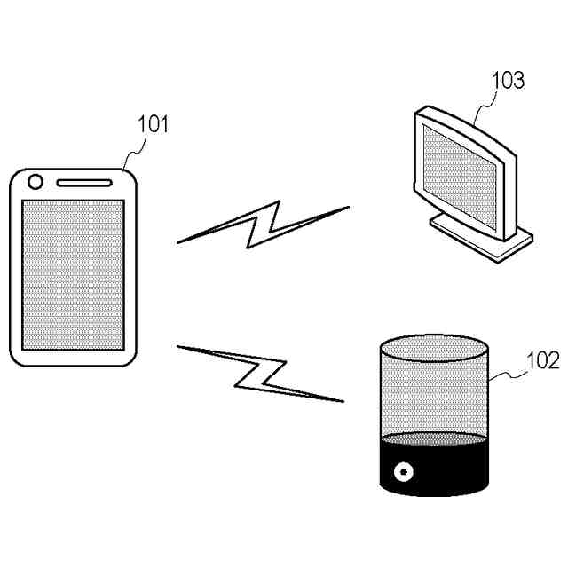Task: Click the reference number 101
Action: (x=152, y=124)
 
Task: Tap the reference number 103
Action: (x=508, y=81)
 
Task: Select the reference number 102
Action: (x=542, y=360)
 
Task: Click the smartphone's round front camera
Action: (x=35, y=183)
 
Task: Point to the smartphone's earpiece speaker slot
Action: (x=85, y=184)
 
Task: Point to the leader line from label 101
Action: (x=130, y=154)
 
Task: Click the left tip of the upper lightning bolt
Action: (x=180, y=241)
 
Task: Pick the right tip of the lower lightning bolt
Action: (x=341, y=401)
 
